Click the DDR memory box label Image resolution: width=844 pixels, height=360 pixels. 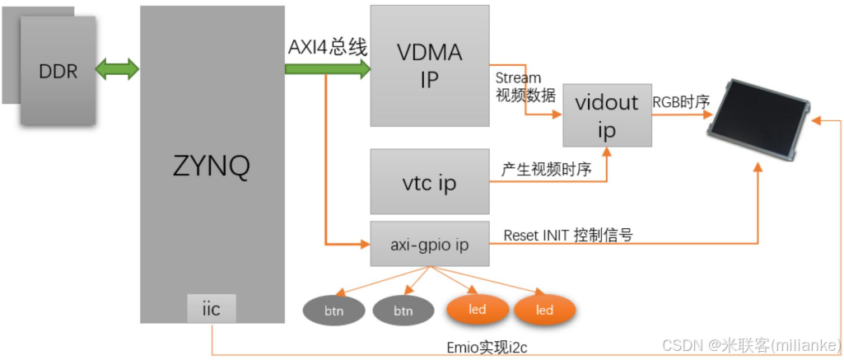point(58,72)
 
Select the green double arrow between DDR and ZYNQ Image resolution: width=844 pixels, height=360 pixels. point(118,70)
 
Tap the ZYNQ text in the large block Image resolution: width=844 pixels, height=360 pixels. point(212,167)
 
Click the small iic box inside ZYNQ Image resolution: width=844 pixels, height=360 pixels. point(212,309)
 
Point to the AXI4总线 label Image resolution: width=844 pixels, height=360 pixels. point(327,48)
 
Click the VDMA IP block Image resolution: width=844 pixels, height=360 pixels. point(429,66)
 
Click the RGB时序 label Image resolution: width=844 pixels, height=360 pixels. point(681,102)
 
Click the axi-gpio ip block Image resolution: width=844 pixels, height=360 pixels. point(429,245)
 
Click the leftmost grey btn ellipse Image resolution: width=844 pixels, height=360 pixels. point(333,311)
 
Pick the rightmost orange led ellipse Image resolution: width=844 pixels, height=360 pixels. point(544,311)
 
